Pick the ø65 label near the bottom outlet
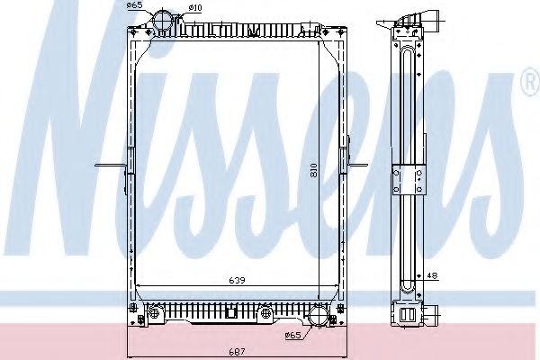(292, 336)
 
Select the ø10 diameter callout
(194, 8)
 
